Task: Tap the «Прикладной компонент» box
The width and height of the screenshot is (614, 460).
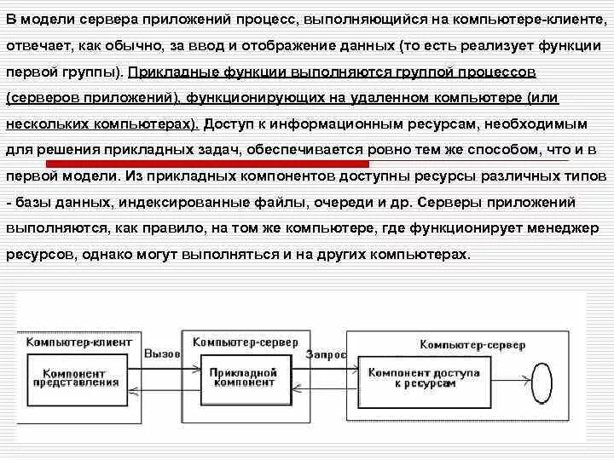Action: coord(241,377)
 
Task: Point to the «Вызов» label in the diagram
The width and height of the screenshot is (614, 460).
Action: coord(162,354)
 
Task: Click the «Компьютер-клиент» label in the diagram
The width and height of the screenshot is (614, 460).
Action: coord(78,342)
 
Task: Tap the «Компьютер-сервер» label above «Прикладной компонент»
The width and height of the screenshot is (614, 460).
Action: coord(245,342)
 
